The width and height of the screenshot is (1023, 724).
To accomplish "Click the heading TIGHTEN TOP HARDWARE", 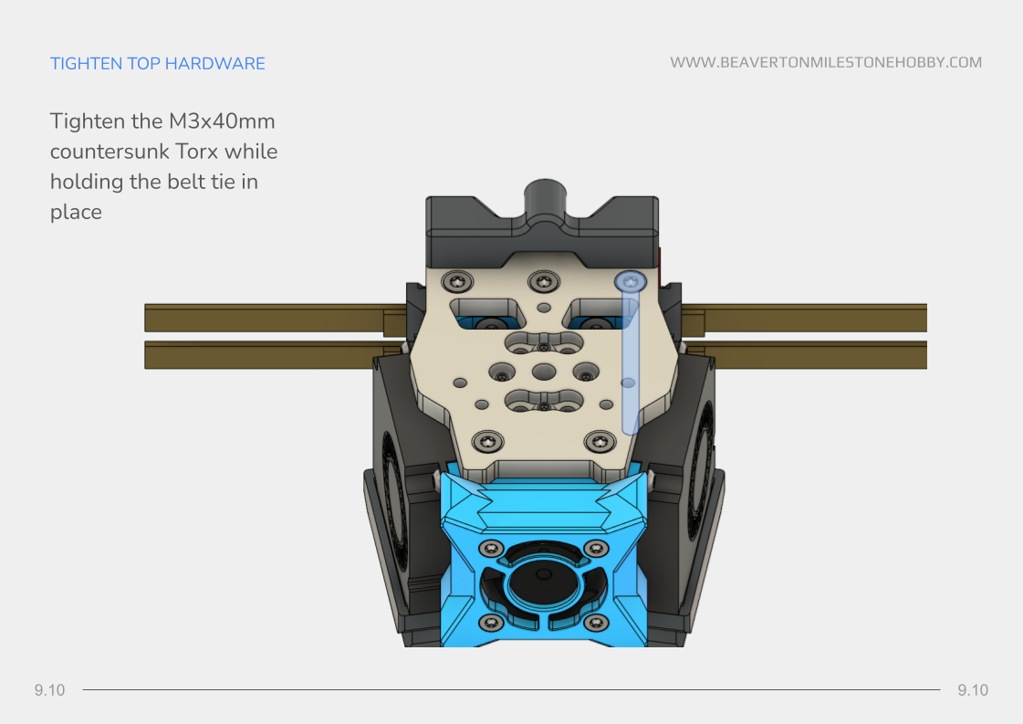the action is click(x=157, y=63).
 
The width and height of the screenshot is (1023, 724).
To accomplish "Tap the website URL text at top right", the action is click(x=826, y=63).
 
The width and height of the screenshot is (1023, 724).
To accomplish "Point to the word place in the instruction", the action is click(x=76, y=212).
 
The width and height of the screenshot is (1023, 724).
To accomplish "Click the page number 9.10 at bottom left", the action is click(x=49, y=690).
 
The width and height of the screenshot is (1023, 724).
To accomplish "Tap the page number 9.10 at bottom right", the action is click(x=973, y=690).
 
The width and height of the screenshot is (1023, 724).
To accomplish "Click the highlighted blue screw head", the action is click(x=631, y=281).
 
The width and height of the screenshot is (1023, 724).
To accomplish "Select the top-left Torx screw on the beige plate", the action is click(x=457, y=282).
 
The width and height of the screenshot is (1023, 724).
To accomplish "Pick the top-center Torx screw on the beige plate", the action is click(x=544, y=282).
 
